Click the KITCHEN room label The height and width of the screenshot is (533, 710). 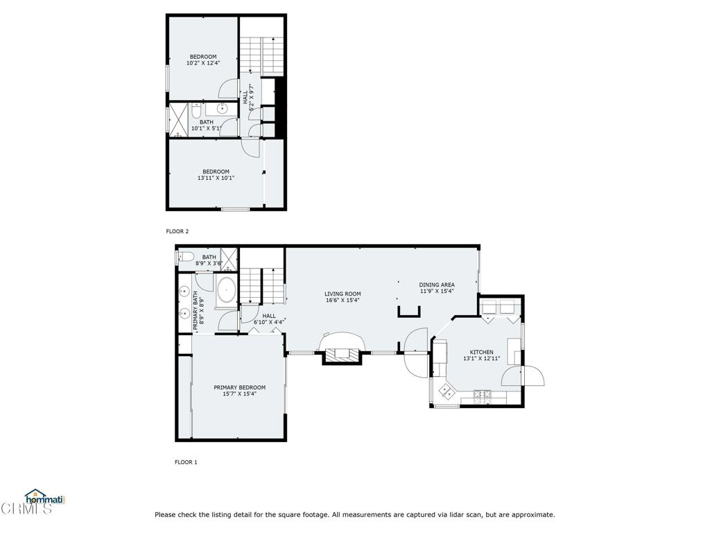coord(481,352)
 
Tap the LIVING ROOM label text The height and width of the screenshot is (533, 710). coord(343,294)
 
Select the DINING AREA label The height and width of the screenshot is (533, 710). coord(437,285)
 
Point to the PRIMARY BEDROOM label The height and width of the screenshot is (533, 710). coord(239,387)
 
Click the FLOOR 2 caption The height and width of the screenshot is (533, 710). coord(177,231)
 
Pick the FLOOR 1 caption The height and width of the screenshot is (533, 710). coord(186,462)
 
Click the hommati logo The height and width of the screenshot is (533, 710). coord(45,498)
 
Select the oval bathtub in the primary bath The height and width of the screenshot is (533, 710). coord(226,291)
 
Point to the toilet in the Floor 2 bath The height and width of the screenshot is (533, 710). coord(196,110)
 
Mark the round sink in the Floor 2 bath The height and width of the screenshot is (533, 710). coord(222,109)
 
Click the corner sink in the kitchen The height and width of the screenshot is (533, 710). coord(446,391)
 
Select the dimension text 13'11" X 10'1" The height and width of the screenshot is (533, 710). coord(216,178)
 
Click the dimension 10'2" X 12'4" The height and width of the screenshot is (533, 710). coord(203,63)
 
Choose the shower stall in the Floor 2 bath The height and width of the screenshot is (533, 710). coord(178,120)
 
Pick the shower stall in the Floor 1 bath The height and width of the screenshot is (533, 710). coord(229,260)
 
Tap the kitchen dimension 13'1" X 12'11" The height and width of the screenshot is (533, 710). coord(481,359)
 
